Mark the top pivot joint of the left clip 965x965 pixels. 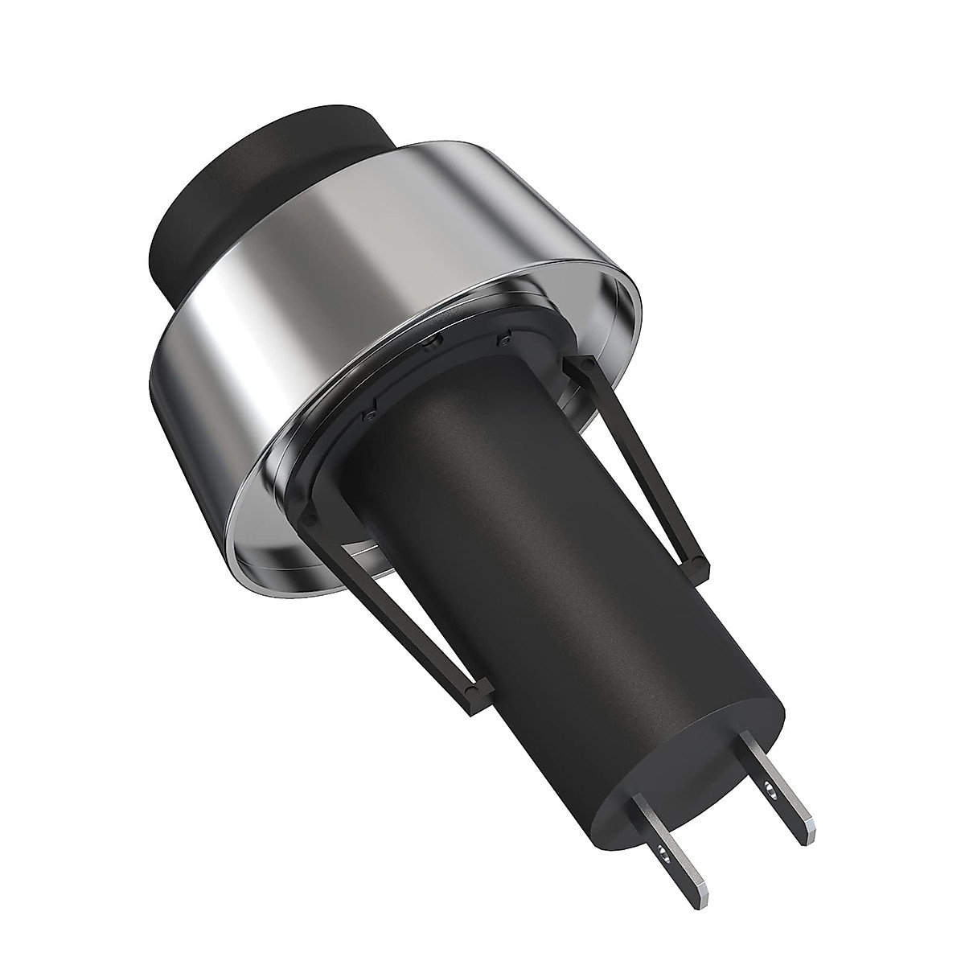310,515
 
